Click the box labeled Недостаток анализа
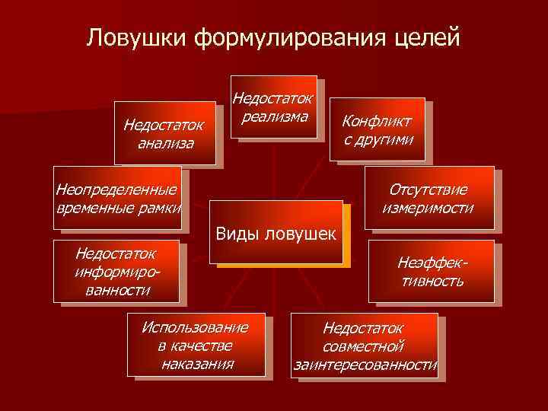coord(164,132)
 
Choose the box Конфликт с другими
coord(377,129)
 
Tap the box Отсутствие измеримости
coord(429,198)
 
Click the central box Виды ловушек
coord(276,232)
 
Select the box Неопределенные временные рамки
coord(118,198)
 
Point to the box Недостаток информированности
coord(116,271)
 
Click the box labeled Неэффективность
coord(431,271)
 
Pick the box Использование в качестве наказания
coord(197,345)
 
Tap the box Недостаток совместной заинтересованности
coord(365,346)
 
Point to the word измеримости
coord(429,207)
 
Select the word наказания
coord(197,362)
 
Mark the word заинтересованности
coord(365,365)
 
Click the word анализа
coord(166,142)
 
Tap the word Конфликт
coord(377,121)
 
